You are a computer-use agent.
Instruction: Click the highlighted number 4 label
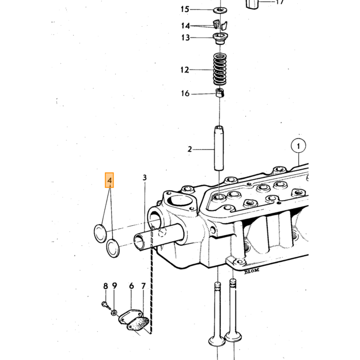click(109, 180)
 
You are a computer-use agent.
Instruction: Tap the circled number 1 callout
click(298, 146)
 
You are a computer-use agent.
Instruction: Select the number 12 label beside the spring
click(185, 70)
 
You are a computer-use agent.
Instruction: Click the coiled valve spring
click(220, 69)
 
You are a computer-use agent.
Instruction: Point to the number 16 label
click(185, 94)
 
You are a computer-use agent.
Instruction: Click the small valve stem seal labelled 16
click(220, 93)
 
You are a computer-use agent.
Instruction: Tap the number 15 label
click(185, 9)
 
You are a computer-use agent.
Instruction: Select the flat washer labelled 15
click(221, 10)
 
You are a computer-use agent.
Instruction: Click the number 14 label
click(186, 26)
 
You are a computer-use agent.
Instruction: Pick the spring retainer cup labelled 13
click(220, 39)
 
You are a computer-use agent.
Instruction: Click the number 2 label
click(189, 150)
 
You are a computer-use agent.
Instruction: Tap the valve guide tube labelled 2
click(219, 148)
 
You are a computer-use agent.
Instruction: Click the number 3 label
click(145, 177)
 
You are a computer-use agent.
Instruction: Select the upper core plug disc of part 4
click(100, 233)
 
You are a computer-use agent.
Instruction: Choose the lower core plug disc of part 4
click(113, 248)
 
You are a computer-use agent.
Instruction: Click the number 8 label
click(105, 286)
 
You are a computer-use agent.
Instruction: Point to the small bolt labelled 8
click(105, 305)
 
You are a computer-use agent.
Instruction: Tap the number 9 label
click(115, 286)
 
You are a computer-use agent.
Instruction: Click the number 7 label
click(143, 286)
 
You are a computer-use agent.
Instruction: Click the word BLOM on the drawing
click(251, 271)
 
